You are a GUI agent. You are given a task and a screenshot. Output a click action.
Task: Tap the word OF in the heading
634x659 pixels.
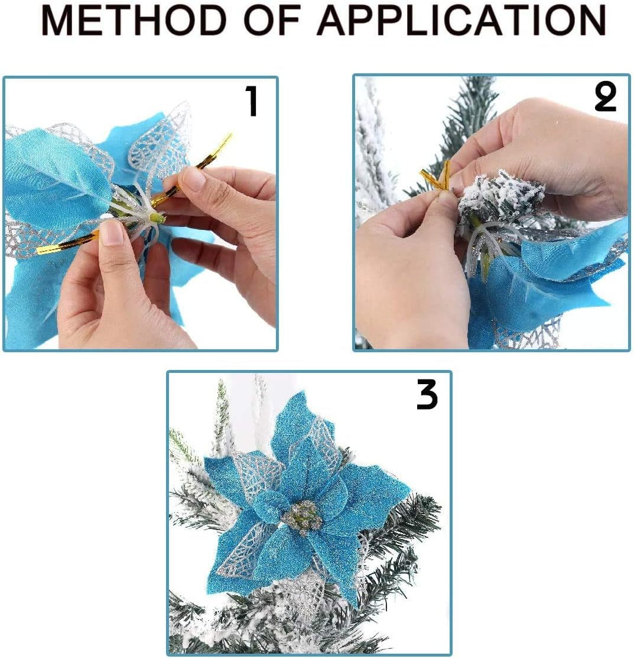coord(272,21)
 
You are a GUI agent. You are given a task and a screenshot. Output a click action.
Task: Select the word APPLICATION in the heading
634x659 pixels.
coord(461,21)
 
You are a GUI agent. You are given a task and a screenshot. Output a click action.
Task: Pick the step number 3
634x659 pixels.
coord(427,394)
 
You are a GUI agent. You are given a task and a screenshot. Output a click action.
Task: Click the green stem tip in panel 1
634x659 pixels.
coord(157,217)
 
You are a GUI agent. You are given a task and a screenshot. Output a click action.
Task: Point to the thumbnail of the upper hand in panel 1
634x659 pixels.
coord(193,178)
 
